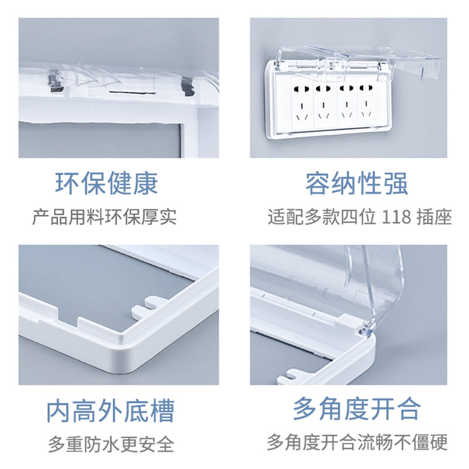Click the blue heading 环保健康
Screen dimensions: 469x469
point(107,183)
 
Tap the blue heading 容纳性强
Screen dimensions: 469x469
point(356,183)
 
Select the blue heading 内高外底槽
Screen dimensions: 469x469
point(110,411)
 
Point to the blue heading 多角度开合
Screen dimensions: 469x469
point(357,409)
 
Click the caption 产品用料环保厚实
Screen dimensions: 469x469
point(104,217)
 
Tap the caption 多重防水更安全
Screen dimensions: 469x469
point(111,444)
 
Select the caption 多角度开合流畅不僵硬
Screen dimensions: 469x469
point(357,442)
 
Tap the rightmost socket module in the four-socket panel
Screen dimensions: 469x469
point(369,101)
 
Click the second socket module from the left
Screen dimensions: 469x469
point(325,102)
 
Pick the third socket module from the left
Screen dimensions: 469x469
point(347,101)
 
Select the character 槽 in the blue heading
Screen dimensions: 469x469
point(162,411)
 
